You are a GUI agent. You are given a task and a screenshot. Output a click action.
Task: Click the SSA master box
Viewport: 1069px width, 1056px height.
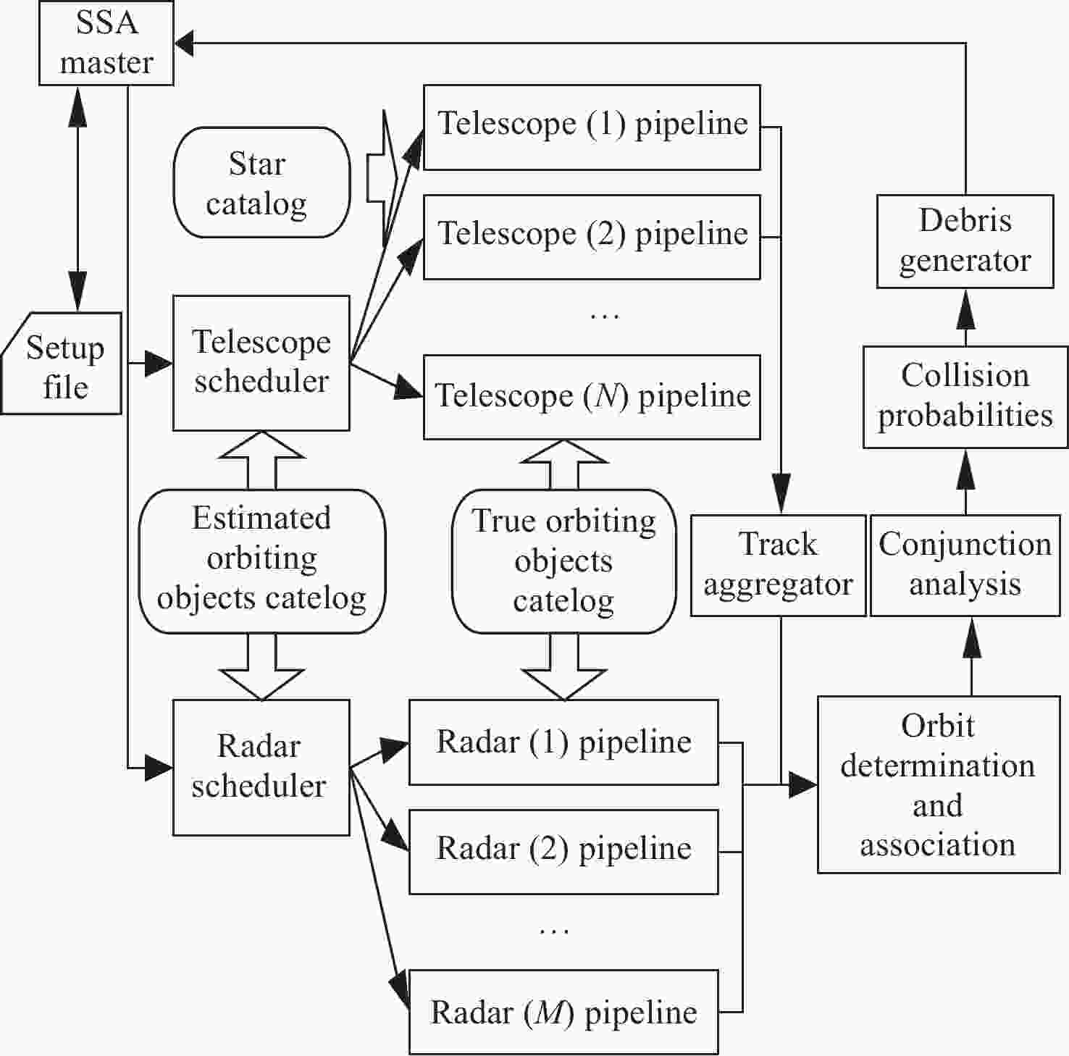(x=106, y=43)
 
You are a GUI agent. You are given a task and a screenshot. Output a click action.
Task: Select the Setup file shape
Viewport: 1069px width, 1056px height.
(x=62, y=364)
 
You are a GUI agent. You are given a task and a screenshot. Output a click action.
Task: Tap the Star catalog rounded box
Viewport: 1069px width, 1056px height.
(x=261, y=183)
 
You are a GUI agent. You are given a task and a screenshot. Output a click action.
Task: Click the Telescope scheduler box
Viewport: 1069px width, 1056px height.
(x=261, y=362)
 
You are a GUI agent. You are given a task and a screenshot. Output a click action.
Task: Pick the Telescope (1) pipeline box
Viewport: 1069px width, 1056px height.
(x=591, y=127)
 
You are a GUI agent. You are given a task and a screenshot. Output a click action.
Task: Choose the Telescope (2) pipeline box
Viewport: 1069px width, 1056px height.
(x=591, y=237)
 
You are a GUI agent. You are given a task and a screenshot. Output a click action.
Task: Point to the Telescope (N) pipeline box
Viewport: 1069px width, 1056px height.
(x=591, y=397)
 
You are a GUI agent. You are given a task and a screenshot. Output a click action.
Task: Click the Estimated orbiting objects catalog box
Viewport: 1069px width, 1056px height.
(x=261, y=561)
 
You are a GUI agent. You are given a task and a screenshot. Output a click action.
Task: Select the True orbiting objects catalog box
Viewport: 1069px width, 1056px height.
(x=563, y=561)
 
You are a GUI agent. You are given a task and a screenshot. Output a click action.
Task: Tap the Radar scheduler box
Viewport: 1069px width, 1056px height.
(x=261, y=767)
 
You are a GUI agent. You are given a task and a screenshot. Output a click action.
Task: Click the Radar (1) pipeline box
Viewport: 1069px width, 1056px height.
(x=563, y=742)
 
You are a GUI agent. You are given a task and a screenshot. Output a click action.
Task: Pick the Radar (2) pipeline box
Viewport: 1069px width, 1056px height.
(x=563, y=851)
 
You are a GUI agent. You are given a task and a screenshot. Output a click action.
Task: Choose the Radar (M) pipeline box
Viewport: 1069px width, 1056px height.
(x=563, y=1012)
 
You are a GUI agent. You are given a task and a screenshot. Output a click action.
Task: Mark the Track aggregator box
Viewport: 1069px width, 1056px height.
(x=778, y=566)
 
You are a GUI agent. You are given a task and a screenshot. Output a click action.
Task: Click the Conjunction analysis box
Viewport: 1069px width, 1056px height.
(x=965, y=566)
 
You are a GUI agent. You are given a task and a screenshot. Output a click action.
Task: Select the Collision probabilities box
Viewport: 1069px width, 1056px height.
(x=965, y=396)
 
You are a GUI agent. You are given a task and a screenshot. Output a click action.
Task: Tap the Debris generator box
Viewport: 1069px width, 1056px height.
(x=965, y=241)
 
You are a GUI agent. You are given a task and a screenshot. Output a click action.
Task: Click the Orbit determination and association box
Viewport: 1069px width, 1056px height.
(x=938, y=785)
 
